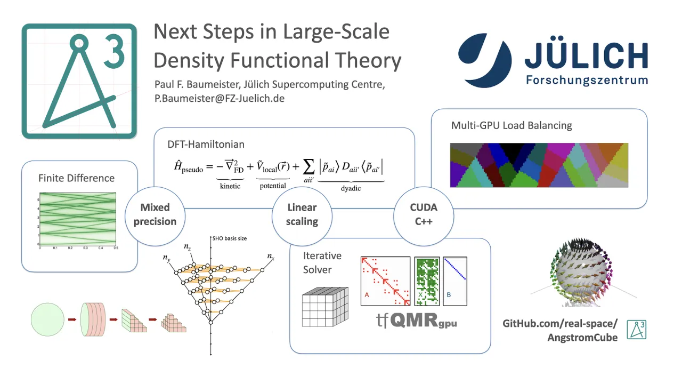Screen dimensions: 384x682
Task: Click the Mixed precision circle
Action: point(155,214)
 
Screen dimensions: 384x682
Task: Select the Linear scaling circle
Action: point(302,214)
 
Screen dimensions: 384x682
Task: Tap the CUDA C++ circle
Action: point(424,214)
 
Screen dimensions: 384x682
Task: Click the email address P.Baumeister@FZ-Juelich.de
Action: point(220,99)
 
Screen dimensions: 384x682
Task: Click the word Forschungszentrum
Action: point(587,81)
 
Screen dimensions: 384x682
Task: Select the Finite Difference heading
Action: point(76,178)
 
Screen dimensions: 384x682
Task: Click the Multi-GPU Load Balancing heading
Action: point(511,126)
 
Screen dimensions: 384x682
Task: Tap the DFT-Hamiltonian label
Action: point(199,144)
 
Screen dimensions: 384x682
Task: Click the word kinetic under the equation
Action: point(230,186)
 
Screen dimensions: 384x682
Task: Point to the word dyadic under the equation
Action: point(351,188)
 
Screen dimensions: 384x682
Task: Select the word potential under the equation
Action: point(273,186)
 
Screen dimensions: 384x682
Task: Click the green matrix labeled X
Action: point(427,281)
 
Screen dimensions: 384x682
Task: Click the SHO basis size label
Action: point(230,238)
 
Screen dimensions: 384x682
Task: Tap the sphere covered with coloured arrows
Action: point(582,273)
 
